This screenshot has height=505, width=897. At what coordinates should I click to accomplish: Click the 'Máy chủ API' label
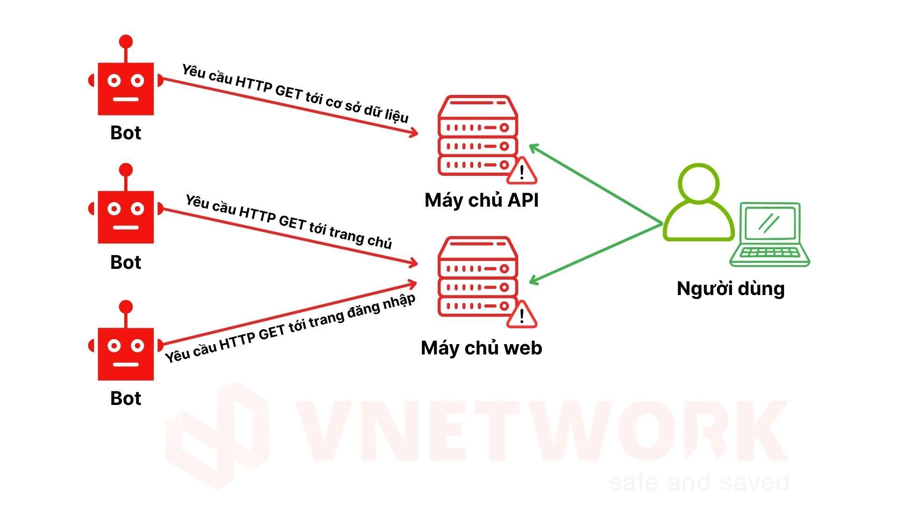pyautogui.click(x=481, y=200)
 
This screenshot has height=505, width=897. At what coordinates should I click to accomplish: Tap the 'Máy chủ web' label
pyautogui.click(x=481, y=348)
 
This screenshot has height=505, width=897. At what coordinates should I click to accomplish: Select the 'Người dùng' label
pyautogui.click(x=730, y=288)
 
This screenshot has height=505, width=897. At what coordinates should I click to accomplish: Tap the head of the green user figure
pyautogui.click(x=698, y=182)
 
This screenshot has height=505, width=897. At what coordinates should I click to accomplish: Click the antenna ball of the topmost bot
pyautogui.click(x=126, y=42)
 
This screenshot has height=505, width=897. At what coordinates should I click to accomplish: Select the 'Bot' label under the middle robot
pyautogui.click(x=125, y=262)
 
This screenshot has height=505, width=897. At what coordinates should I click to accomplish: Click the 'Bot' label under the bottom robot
pyautogui.click(x=125, y=398)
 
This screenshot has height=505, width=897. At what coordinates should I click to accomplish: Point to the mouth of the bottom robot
pyautogui.click(x=126, y=364)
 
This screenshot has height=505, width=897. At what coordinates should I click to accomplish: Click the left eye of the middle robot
pyautogui.click(x=114, y=209)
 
